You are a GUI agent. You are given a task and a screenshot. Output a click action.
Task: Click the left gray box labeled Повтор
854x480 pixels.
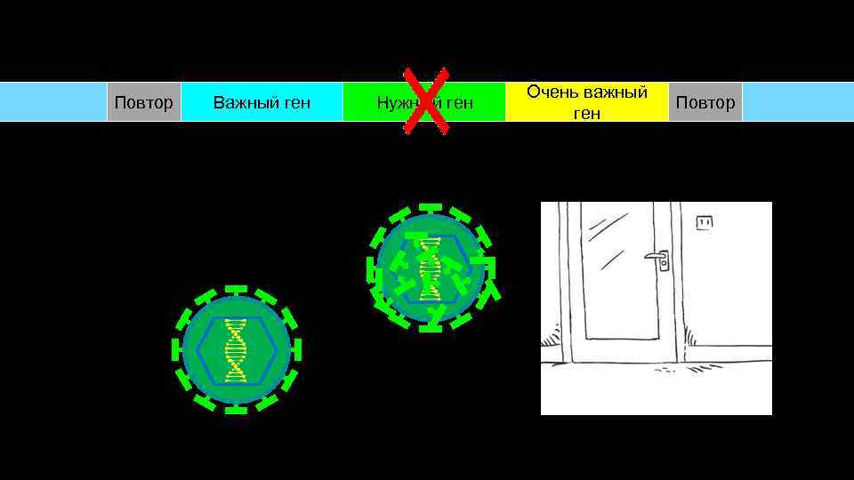tap(144, 102)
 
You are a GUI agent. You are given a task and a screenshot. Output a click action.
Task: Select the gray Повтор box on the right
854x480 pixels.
tap(705, 102)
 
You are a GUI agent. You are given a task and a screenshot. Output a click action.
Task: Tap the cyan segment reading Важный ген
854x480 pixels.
tap(262, 102)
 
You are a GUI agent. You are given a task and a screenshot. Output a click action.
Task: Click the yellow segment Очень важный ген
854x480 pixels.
tap(587, 102)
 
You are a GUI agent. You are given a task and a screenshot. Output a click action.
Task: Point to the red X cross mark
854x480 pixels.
tap(426, 100)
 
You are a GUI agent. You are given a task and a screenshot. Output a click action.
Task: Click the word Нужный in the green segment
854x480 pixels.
tap(398, 103)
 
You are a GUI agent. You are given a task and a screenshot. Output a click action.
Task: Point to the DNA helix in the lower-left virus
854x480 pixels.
tap(236, 349)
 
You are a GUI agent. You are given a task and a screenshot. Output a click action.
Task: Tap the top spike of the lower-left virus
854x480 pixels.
tap(236, 289)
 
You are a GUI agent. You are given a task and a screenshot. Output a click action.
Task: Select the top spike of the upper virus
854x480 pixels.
tap(431, 207)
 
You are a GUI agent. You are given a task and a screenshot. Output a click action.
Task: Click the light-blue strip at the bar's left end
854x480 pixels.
tap(53, 102)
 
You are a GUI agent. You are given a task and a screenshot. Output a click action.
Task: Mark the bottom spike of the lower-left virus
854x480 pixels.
tap(236, 410)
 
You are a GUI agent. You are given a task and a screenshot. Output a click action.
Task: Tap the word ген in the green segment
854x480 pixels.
tap(460, 103)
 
